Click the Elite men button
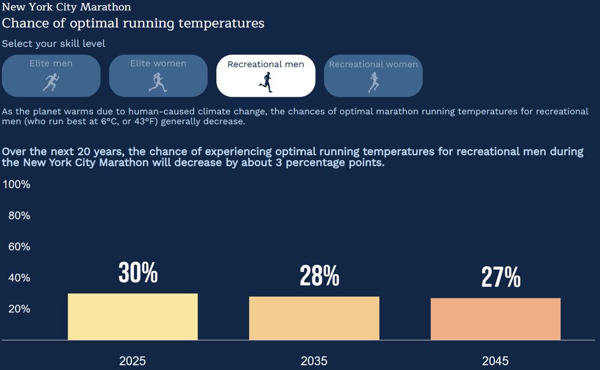[51, 76]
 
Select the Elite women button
[158, 76]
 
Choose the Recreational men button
[265, 76]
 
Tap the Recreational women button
[373, 76]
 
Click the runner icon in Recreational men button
[266, 82]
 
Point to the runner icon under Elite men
[51, 82]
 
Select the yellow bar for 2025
[133, 317]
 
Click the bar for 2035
[314, 318]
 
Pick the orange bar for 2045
[495, 319]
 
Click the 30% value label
[138, 273]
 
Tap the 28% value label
[319, 276]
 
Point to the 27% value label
[500, 277]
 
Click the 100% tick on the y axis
[17, 185]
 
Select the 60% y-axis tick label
[19, 247]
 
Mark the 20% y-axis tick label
[19, 309]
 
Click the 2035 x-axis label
[314, 361]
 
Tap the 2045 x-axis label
[495, 361]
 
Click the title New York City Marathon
[67, 7]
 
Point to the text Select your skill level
[53, 44]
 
